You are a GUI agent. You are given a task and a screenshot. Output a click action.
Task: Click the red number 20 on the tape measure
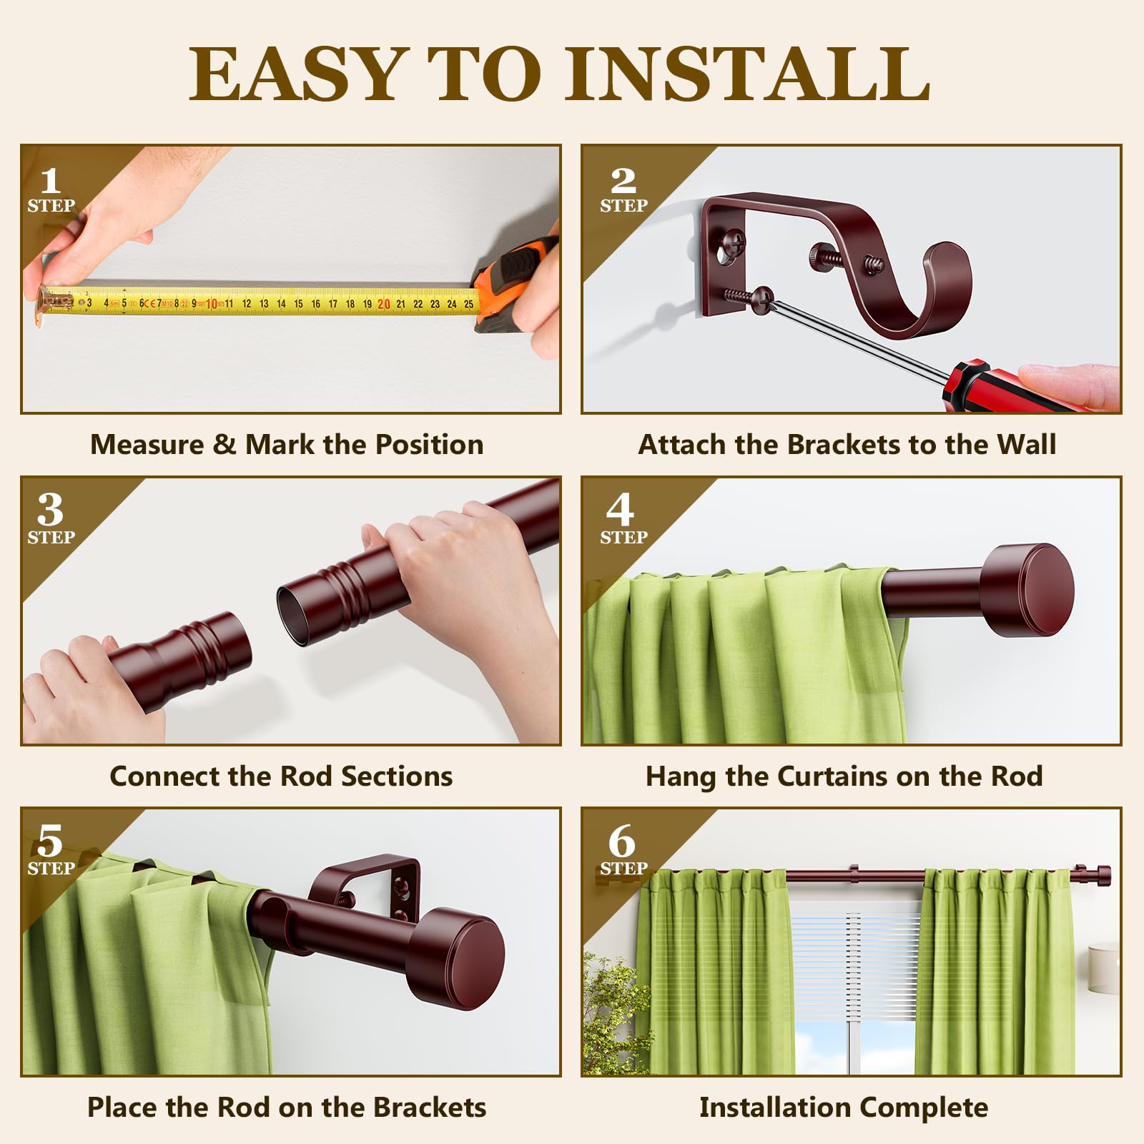click(x=384, y=304)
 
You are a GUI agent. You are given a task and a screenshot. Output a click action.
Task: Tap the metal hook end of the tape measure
click(x=47, y=301)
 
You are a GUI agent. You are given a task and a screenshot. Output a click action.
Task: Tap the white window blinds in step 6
click(x=854, y=965)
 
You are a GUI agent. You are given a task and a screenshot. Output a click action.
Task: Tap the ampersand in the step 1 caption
click(x=225, y=445)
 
